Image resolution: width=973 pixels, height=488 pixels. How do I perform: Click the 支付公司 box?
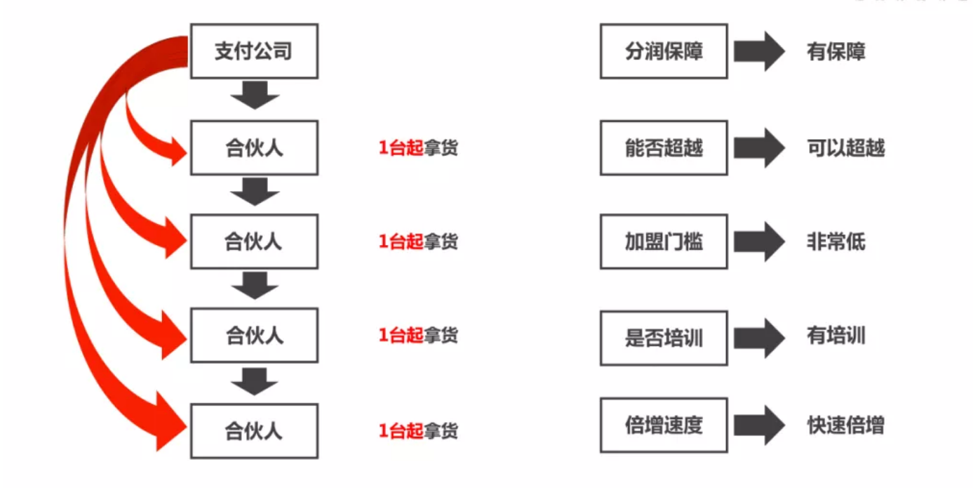click(x=254, y=51)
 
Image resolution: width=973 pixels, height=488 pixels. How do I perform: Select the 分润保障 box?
click(x=664, y=51)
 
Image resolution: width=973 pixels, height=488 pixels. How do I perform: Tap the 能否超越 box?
click(x=664, y=147)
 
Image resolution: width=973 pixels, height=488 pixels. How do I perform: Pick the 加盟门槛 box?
click(x=664, y=242)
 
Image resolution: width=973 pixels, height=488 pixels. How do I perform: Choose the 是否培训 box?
click(x=664, y=338)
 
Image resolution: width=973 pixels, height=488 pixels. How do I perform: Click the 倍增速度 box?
click(x=664, y=425)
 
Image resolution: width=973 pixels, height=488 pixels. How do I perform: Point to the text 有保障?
click(x=836, y=52)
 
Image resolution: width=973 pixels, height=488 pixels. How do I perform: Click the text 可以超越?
click(x=845, y=148)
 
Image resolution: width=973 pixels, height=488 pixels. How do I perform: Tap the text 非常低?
click(x=836, y=242)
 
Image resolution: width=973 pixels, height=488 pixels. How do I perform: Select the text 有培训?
click(x=836, y=336)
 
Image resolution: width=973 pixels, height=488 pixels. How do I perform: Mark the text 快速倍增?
click(x=845, y=426)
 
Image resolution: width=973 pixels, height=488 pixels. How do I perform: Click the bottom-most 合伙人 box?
click(x=254, y=430)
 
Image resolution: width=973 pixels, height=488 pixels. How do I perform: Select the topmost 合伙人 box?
click(x=254, y=148)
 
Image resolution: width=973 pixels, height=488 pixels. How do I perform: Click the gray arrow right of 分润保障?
click(x=759, y=51)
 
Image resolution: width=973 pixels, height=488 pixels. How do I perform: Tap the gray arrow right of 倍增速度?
click(x=759, y=425)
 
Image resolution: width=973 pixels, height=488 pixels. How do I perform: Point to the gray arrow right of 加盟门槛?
click(x=759, y=242)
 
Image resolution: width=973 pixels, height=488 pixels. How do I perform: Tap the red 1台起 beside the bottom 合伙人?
click(x=401, y=430)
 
